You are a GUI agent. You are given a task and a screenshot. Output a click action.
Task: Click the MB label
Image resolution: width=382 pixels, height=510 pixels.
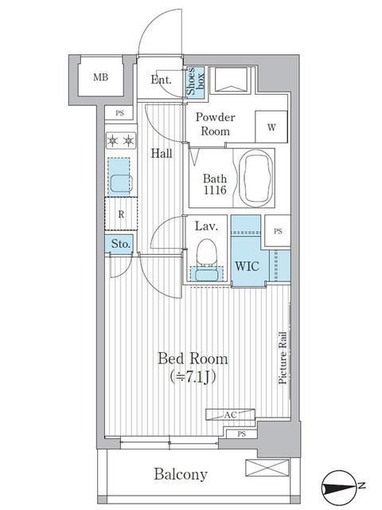coord(100,77)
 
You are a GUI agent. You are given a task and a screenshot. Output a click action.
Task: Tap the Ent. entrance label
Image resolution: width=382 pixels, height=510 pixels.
coord(162,79)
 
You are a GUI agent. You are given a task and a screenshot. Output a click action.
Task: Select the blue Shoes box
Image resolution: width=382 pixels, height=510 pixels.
coord(193,82)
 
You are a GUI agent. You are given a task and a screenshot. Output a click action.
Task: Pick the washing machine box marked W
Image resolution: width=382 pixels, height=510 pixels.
coord(271,126)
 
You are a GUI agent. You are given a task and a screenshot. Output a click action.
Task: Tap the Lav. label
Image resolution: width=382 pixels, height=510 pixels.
coord(207,226)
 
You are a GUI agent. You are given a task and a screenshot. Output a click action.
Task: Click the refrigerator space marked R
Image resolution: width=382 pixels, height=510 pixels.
coord(119,214)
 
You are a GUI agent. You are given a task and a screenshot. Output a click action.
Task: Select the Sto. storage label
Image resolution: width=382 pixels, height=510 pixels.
coord(120,244)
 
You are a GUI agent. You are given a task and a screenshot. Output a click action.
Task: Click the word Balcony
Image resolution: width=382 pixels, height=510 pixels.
coord(181,475)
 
